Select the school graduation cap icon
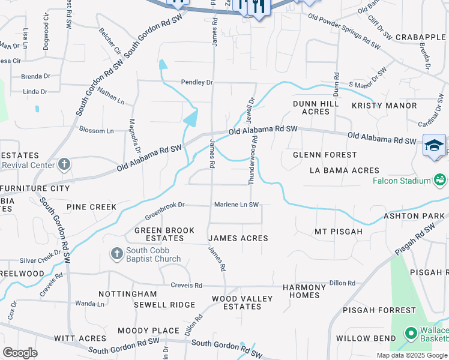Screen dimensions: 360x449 point(433,146)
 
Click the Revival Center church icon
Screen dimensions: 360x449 point(65,164)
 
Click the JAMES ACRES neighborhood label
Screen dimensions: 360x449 point(238,238)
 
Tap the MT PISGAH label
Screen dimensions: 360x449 point(339,231)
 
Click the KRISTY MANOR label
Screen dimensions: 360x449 point(384,106)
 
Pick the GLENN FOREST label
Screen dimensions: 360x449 point(325,155)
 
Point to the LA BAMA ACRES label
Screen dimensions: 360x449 point(345,170)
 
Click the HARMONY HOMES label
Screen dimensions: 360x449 point(304,291)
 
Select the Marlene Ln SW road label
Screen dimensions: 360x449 point(237,205)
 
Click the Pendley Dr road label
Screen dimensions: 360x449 point(197,82)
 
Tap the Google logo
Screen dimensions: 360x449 point(20,353)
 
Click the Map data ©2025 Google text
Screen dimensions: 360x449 point(412,355)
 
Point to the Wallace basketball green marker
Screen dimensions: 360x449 point(411,332)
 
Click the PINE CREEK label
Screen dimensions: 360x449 point(91,207)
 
